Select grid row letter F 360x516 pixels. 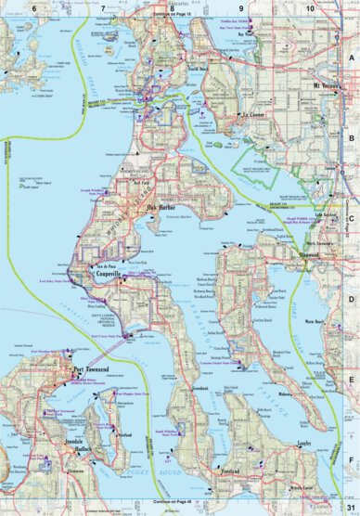[x=352, y=457]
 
